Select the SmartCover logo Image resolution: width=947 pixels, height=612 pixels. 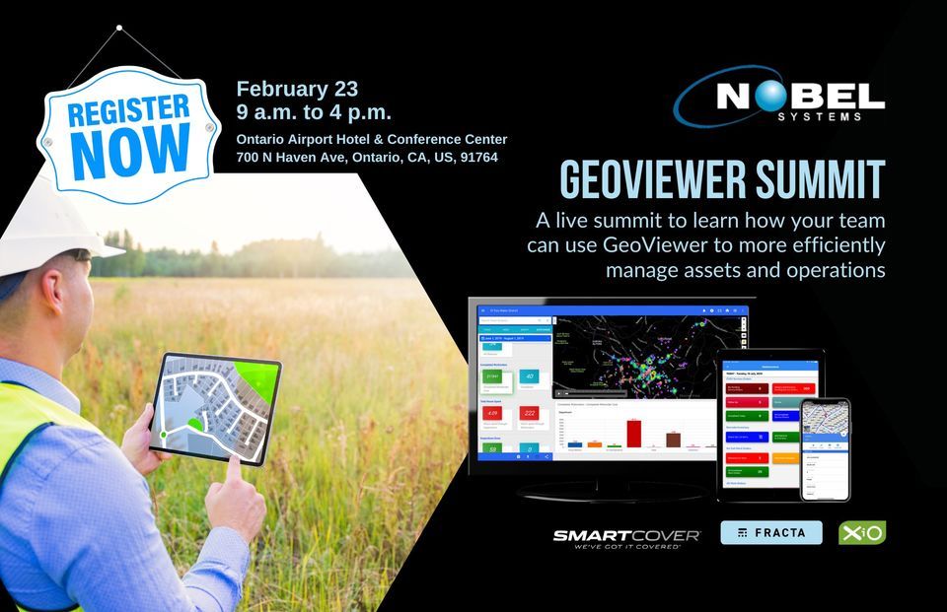(626, 536)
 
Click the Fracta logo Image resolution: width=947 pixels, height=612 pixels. (771, 532)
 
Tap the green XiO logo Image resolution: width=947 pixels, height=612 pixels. (861, 532)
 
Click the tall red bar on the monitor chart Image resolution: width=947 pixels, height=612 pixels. (634, 433)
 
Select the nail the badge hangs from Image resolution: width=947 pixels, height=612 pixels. (119, 29)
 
